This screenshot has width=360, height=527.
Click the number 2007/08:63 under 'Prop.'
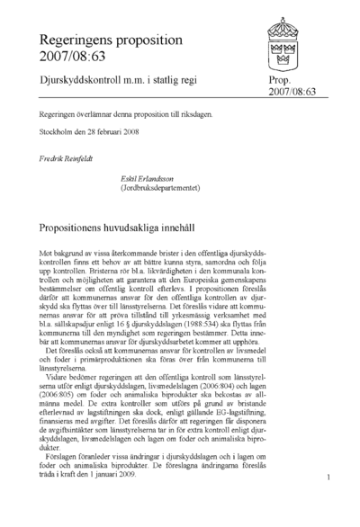point(292,93)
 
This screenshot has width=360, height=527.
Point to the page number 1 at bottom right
point(331,478)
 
